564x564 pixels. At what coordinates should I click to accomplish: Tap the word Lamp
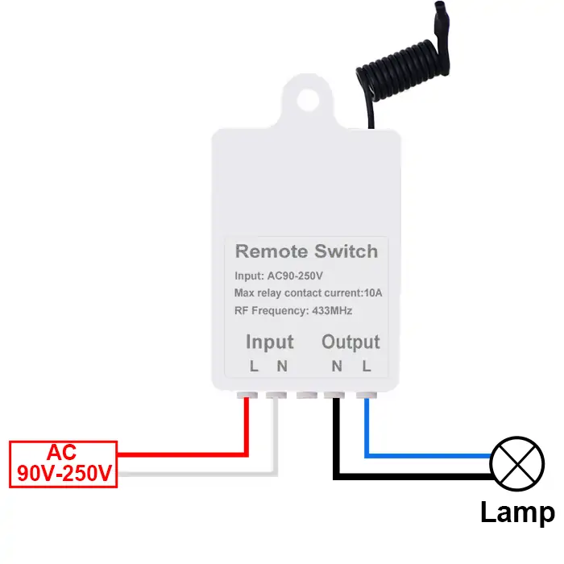517,512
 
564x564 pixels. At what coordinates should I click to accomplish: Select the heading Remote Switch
306,251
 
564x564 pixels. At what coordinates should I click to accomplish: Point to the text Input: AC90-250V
278,276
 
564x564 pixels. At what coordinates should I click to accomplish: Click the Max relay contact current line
308,292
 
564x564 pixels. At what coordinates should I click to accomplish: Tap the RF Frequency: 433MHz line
293,310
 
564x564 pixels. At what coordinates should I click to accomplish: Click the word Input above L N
269,342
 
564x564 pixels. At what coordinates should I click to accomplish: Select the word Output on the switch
350,342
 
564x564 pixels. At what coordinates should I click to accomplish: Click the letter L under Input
254,367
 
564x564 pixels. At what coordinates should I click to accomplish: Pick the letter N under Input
281,367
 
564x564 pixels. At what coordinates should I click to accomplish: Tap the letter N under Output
337,367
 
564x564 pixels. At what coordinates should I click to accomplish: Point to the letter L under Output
367,367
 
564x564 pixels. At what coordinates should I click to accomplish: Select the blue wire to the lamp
427,456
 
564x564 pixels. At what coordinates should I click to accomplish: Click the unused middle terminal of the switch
306,396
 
